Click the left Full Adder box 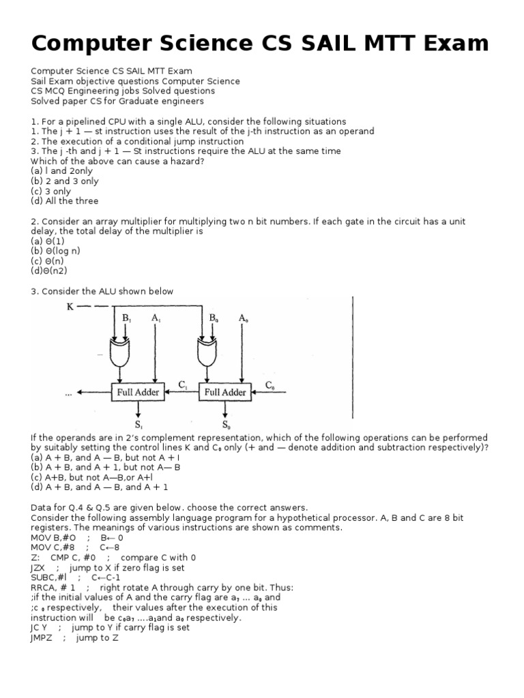139,392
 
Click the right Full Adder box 225,392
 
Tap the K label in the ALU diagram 70,307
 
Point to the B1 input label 127,318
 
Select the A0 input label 244,318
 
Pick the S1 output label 139,425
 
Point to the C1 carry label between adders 183,384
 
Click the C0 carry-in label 270,384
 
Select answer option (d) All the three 65,201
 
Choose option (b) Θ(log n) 55,251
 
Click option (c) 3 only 51,192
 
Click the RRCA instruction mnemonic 43,588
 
